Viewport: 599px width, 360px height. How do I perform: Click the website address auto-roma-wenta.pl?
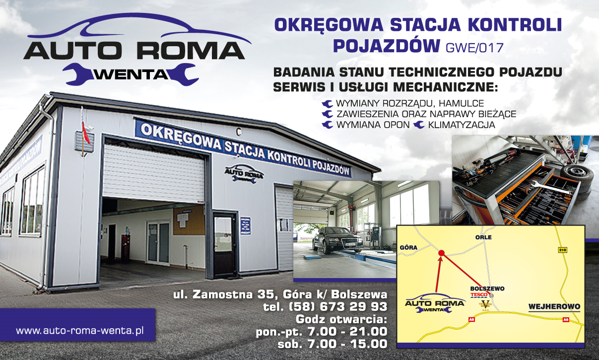coord(79,330)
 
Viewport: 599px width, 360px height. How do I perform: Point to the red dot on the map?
coord(441,254)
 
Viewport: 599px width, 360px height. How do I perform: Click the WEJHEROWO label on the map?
coord(554,306)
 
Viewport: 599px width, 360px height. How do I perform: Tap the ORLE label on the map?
coord(482,237)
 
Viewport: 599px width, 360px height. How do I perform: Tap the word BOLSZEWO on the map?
coord(487,288)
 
